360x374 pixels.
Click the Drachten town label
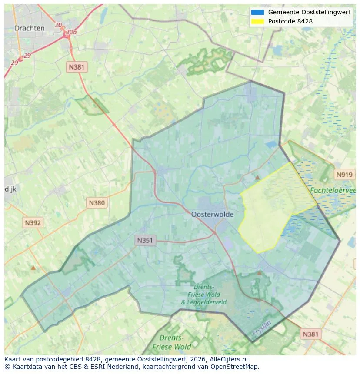click(29, 28)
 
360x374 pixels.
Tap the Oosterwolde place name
click(212, 214)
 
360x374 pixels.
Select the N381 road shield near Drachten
click(77, 67)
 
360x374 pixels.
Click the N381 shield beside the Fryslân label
click(310, 334)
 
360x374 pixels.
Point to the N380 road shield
click(97, 202)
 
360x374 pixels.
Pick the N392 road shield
click(33, 223)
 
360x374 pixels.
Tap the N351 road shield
click(145, 240)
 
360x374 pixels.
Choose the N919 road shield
click(344, 175)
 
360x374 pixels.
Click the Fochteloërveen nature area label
click(333, 190)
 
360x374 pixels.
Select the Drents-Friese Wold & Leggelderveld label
click(203, 295)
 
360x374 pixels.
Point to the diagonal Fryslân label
click(261, 328)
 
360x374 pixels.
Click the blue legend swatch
click(257, 12)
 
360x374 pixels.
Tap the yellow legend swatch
click(257, 21)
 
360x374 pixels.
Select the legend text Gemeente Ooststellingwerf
click(309, 12)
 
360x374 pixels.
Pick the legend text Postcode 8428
click(290, 21)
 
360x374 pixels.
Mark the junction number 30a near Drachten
click(71, 32)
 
